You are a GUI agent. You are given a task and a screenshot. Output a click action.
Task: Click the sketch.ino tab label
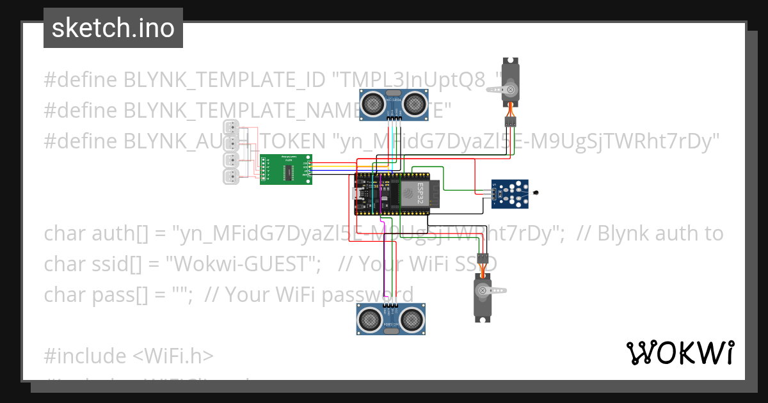tap(113, 28)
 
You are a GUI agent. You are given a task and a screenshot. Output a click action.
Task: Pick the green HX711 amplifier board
tap(285, 170)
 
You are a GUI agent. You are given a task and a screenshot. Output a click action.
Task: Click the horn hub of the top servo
tap(510, 90)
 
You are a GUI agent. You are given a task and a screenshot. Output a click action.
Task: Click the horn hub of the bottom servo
tap(481, 290)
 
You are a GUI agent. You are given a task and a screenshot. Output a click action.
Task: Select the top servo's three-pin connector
tap(510, 121)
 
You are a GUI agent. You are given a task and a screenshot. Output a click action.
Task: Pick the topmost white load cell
tap(231, 126)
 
